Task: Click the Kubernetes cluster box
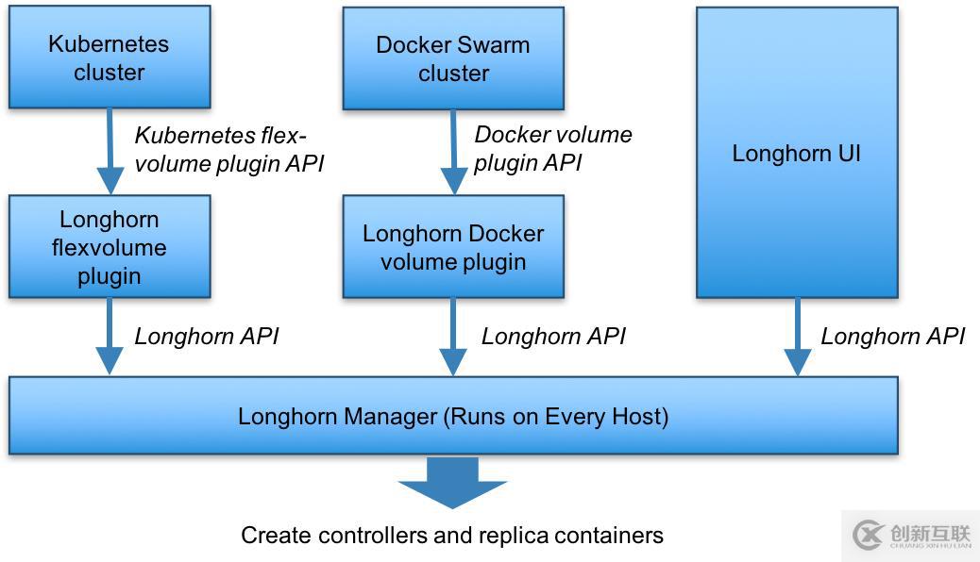click(x=110, y=57)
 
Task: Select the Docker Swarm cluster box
click(x=453, y=58)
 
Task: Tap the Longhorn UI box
click(x=797, y=154)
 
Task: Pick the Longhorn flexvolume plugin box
click(x=110, y=247)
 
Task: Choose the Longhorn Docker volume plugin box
click(x=453, y=247)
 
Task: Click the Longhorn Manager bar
click(x=453, y=416)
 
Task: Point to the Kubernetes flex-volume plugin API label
click(x=228, y=149)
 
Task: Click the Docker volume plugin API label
click(x=552, y=148)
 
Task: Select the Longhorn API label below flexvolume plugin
click(x=207, y=336)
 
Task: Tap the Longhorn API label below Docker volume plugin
click(x=553, y=336)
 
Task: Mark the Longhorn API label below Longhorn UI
click(x=892, y=336)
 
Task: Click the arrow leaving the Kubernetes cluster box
click(x=110, y=152)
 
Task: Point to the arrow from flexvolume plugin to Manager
click(x=110, y=338)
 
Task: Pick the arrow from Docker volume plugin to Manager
click(x=453, y=338)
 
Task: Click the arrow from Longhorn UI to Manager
click(x=798, y=338)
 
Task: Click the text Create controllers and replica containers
click(x=452, y=536)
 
